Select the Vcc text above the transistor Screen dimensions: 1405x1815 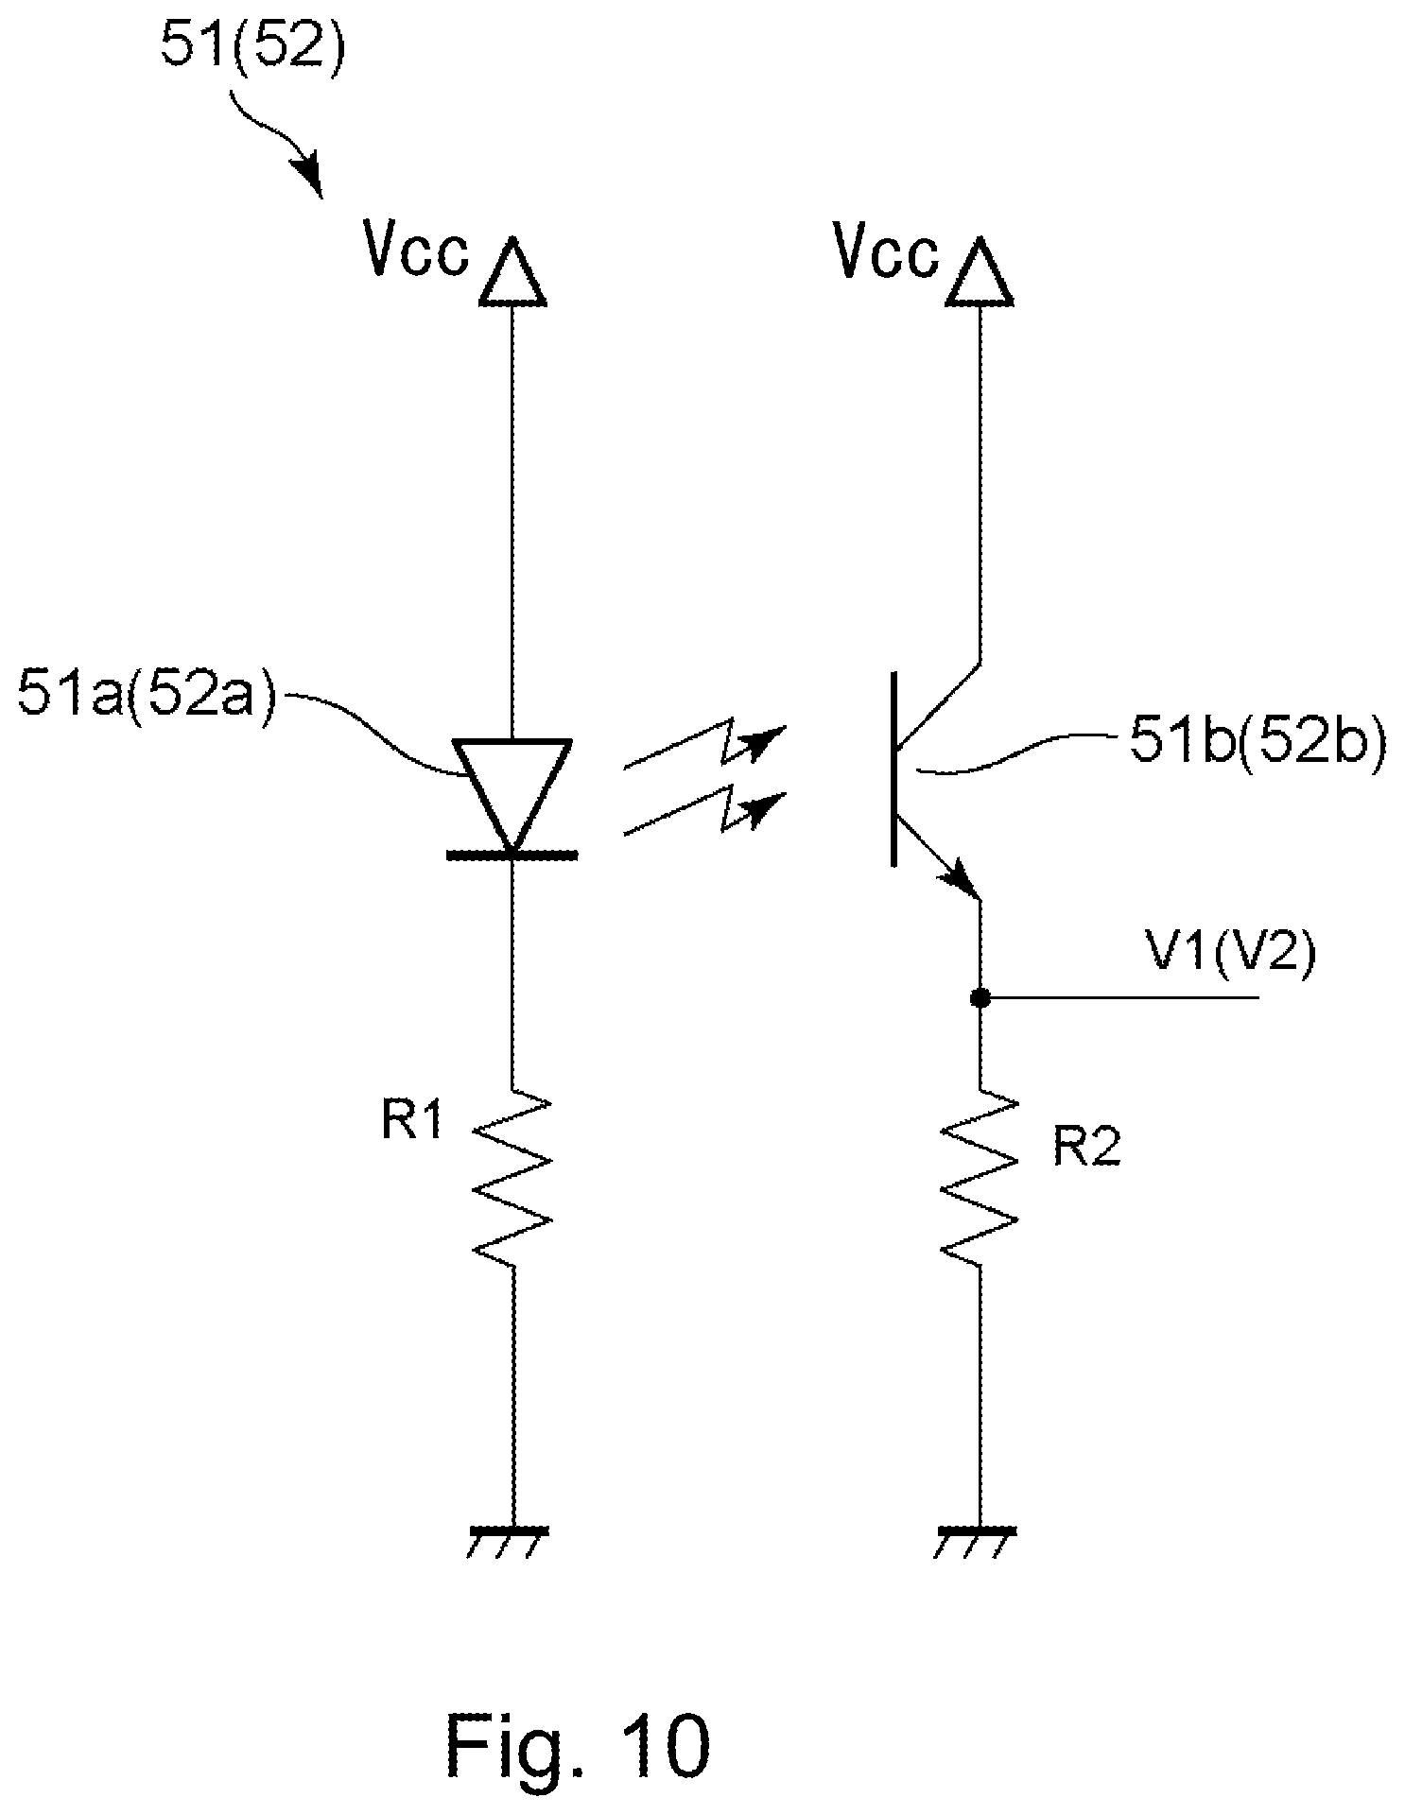coord(887,252)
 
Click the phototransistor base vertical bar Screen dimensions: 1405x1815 coord(893,768)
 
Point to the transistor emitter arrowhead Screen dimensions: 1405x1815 coord(962,878)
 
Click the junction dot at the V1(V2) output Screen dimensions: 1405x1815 coord(980,996)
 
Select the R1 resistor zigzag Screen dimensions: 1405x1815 coord(512,1177)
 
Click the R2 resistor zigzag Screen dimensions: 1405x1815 coord(980,1177)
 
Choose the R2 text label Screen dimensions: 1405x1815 coord(1089,1148)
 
